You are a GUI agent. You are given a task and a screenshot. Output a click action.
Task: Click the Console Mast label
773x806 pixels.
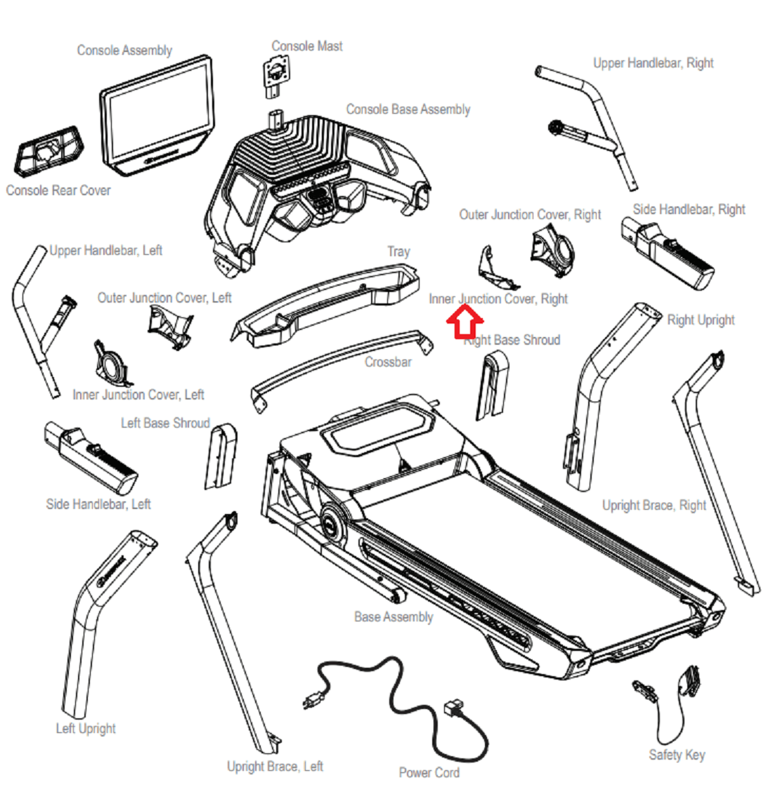[306, 46]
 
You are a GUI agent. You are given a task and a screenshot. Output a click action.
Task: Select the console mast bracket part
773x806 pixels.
[277, 77]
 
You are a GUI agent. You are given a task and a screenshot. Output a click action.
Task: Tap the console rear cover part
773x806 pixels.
[48, 152]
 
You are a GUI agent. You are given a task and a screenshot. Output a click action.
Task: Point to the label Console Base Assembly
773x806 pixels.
[408, 110]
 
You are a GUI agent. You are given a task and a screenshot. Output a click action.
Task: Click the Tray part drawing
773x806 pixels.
[325, 306]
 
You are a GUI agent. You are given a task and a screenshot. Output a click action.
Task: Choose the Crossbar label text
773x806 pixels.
[388, 362]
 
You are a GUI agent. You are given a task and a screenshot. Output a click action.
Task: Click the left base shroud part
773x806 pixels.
[221, 456]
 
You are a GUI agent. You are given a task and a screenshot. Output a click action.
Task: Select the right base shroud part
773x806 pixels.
[492, 385]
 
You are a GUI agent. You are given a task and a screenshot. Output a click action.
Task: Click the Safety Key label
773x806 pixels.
[677, 755]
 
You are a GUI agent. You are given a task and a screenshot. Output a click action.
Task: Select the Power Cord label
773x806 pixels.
[429, 772]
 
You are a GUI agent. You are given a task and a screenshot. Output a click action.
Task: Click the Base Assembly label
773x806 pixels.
[394, 617]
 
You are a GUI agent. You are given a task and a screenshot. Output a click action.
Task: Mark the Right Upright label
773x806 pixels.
[701, 319]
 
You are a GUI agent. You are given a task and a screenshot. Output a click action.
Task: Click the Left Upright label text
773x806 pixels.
[86, 729]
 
